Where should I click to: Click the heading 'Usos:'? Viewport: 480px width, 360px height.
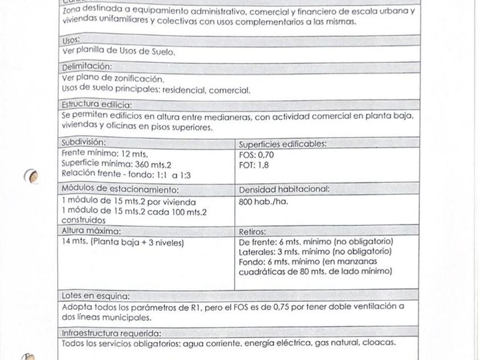(x=71, y=41)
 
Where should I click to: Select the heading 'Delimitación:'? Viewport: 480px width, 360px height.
(x=87, y=66)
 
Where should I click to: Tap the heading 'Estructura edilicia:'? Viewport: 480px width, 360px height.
(x=97, y=105)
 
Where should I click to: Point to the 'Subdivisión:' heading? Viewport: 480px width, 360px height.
(x=84, y=142)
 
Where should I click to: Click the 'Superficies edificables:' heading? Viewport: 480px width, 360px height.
(x=282, y=144)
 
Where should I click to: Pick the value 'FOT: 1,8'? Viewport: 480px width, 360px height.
(x=254, y=165)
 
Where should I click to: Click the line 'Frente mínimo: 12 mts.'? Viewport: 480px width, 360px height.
(x=105, y=153)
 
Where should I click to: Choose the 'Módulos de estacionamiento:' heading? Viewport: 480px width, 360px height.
(x=120, y=190)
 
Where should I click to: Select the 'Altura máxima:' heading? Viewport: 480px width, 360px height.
(x=91, y=231)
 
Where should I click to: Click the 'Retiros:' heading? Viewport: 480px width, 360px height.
(x=252, y=232)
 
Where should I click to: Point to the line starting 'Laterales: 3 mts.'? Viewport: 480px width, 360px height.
(x=314, y=251)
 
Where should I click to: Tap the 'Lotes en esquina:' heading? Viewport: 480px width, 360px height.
(x=95, y=296)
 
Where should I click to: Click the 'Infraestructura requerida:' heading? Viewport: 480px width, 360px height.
(x=111, y=333)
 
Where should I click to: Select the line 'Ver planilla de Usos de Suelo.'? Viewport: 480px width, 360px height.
(x=119, y=51)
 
